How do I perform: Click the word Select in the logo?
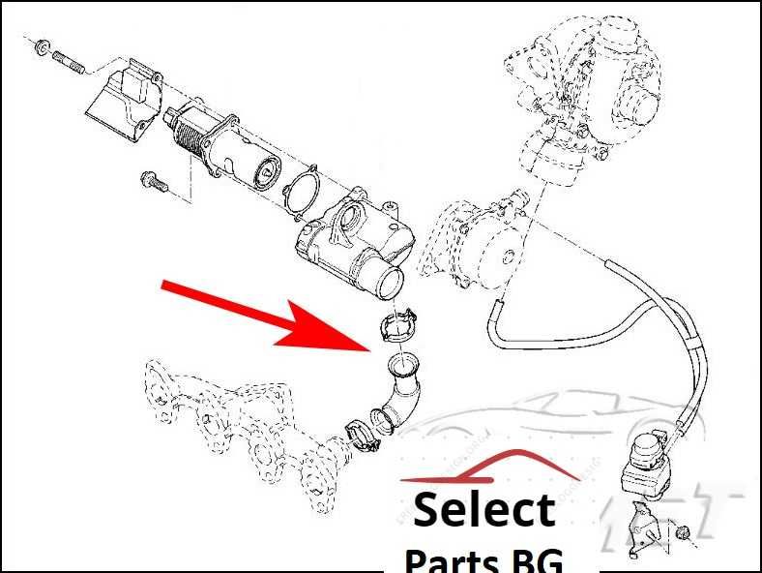click(x=484, y=510)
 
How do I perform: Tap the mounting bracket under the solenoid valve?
click(x=639, y=528)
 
